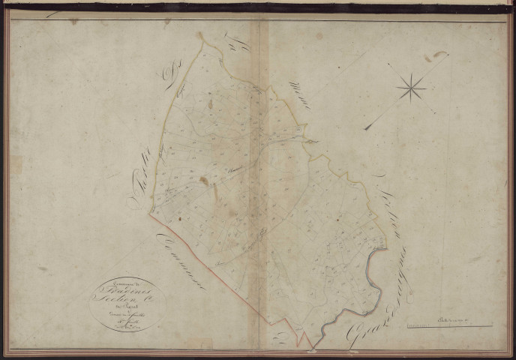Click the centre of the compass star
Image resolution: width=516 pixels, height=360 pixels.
point(410,89)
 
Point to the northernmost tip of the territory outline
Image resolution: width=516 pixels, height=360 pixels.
point(200,35)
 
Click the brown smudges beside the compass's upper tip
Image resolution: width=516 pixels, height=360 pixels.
point(435,57)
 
